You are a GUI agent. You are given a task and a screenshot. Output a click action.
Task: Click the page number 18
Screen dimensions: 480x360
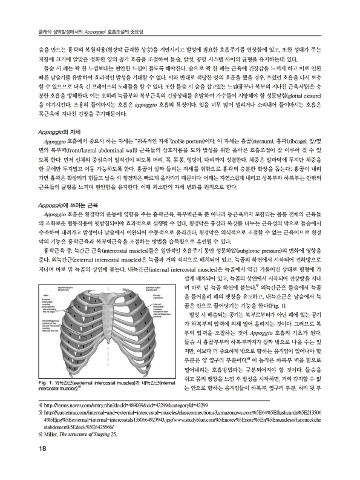pyautogui.click(x=25, y=465)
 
